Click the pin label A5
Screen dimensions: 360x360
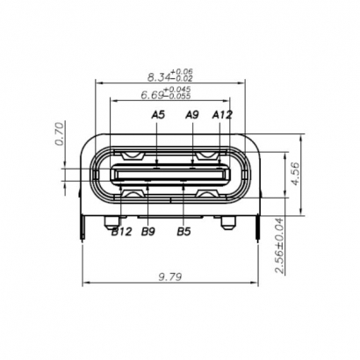[158, 114]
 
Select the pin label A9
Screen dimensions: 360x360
[192, 114]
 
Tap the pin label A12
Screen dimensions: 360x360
[222, 114]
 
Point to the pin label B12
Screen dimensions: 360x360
[121, 232]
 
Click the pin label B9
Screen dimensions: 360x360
[148, 232]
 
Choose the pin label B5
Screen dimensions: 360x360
[184, 232]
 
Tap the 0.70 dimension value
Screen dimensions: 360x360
[60, 134]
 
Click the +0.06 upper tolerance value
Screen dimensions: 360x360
[183, 71]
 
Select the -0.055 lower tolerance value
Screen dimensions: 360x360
[179, 97]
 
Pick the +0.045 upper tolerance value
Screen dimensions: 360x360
[179, 90]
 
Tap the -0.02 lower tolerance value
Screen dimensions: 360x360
[183, 79]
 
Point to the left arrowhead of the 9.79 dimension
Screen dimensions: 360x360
[85, 284]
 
